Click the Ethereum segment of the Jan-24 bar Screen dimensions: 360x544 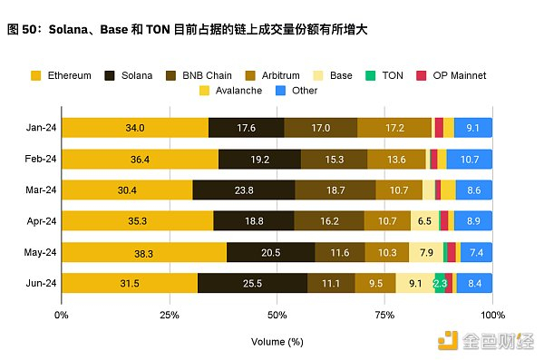[x=135, y=128]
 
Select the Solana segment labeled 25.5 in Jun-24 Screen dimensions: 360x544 [x=252, y=283]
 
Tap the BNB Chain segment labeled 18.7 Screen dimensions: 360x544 [x=335, y=190]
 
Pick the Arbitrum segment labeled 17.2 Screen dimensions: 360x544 [x=394, y=128]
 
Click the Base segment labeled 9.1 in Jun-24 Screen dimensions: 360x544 [x=414, y=283]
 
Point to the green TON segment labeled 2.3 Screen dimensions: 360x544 [x=440, y=283]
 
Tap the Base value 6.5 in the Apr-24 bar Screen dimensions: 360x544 [x=424, y=221]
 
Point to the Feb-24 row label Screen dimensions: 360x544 [x=39, y=159]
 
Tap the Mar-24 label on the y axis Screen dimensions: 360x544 [x=39, y=190]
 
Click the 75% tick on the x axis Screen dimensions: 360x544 [x=384, y=315]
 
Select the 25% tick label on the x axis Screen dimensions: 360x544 [x=169, y=315]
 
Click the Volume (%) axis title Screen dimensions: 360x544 [x=277, y=342]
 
